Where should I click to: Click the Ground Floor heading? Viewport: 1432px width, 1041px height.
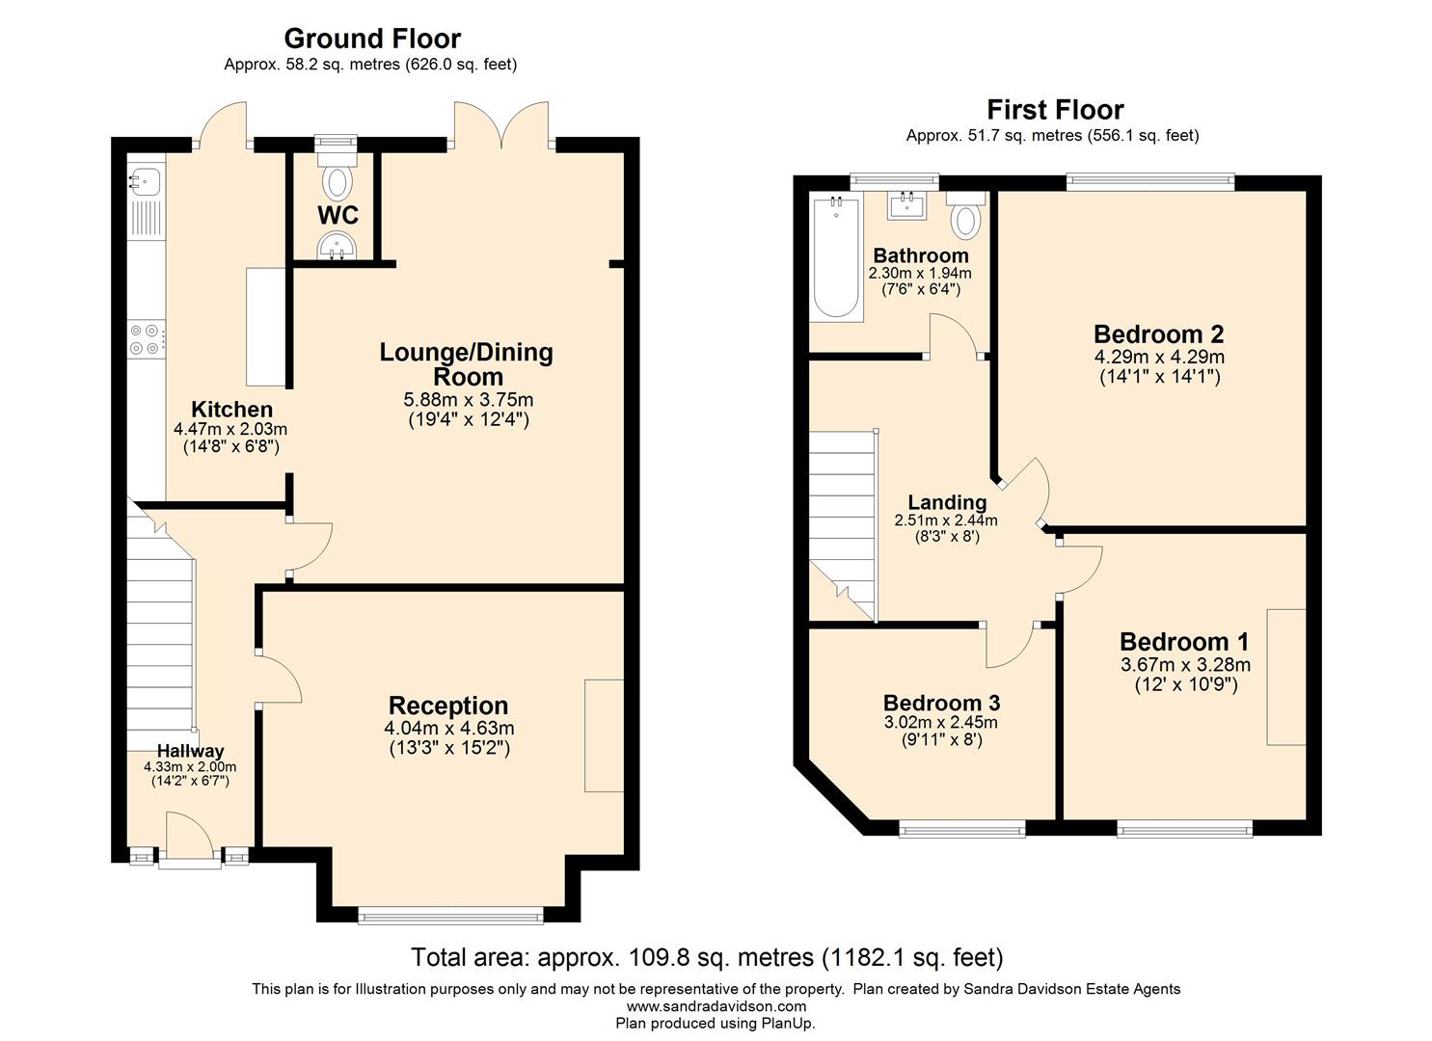pyautogui.click(x=371, y=39)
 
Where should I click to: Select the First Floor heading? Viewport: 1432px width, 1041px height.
pyautogui.click(x=1055, y=110)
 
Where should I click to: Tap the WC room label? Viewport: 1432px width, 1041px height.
pyautogui.click(x=338, y=215)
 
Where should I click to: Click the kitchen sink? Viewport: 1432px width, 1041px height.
pyautogui.click(x=147, y=179)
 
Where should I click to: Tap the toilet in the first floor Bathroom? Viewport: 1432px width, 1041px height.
pyautogui.click(x=964, y=217)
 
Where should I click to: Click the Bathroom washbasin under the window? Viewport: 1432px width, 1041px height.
pyautogui.click(x=906, y=204)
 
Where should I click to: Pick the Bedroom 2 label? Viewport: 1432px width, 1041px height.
pyautogui.click(x=1158, y=334)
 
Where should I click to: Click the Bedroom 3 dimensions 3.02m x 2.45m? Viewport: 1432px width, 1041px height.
pyautogui.click(x=940, y=723)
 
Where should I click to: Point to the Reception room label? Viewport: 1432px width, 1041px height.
pyautogui.click(x=447, y=706)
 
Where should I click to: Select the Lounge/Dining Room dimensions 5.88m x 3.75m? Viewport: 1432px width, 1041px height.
pyautogui.click(x=468, y=400)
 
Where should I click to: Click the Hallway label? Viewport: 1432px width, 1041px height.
pyautogui.click(x=190, y=751)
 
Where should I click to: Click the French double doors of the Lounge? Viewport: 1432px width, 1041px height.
pyautogui.click(x=501, y=125)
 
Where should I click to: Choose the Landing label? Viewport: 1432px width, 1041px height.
pyautogui.click(x=947, y=502)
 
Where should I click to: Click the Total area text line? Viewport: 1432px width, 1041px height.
pyautogui.click(x=707, y=957)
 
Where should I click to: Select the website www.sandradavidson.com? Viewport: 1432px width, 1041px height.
pyautogui.click(x=716, y=1006)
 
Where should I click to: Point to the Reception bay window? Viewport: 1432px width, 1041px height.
pyautogui.click(x=450, y=916)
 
